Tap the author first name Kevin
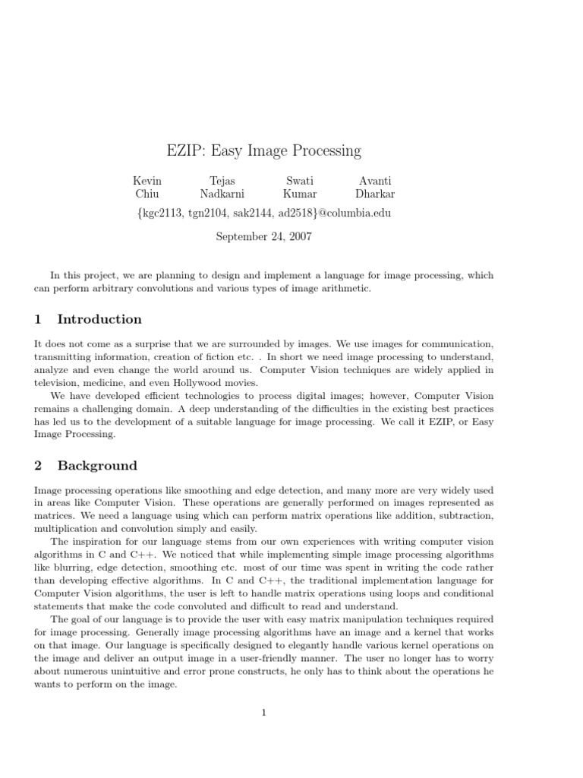tap(147, 181)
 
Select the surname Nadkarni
tap(222, 194)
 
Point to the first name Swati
tap(299, 181)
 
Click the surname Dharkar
tap(375, 194)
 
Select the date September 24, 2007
tap(263, 236)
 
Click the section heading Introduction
tap(99, 319)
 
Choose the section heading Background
tap(97, 466)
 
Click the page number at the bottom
tap(263, 713)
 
